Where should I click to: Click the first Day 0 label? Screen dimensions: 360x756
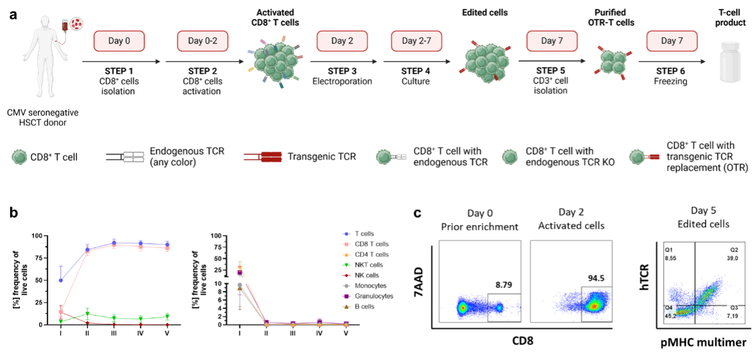pos(119,41)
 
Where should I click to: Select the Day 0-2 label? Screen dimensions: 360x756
pos(203,41)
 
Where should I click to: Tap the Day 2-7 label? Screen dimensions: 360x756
pos(416,41)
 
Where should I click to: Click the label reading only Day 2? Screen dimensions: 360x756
pos(342,41)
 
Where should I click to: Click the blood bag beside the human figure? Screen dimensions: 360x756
pos(65,25)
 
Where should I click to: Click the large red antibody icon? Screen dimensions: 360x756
pos(264,157)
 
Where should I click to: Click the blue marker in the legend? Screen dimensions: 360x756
pos(347,234)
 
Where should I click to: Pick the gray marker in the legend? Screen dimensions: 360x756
pos(347,286)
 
